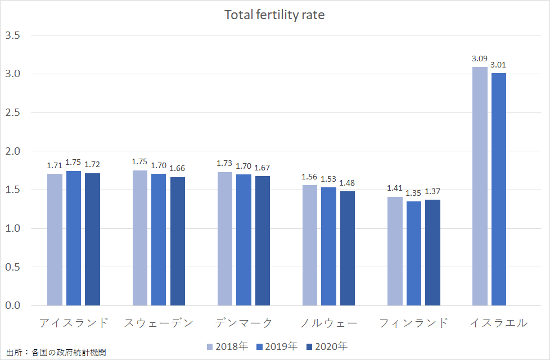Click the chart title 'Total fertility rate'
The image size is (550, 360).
point(274,15)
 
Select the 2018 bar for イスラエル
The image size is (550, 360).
point(480,186)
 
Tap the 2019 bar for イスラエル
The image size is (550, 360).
point(499,189)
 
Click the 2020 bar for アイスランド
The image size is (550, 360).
point(92,239)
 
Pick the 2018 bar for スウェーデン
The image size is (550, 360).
point(140,238)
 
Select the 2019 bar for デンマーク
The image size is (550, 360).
point(244,240)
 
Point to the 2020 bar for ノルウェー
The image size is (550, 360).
point(348,248)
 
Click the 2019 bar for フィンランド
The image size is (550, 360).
point(413,253)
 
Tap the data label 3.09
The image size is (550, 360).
point(480,58)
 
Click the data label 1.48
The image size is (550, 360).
point(348,183)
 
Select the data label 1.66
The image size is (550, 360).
point(178,169)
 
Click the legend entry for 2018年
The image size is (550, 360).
point(227,346)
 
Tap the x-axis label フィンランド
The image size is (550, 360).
point(413,323)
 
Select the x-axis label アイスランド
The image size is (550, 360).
point(73,323)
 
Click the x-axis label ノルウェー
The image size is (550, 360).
point(328,323)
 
